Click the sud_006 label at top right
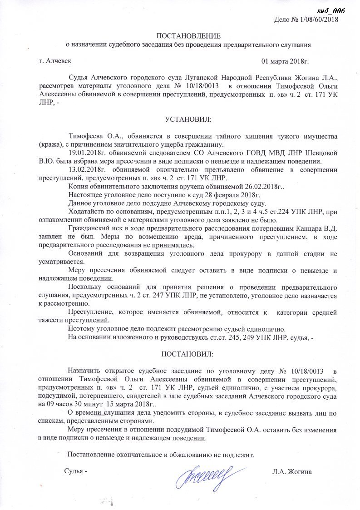coord(332,11)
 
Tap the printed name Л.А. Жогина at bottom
coord(292,472)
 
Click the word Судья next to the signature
coord(74,472)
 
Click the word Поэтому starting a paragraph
coord(81,328)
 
